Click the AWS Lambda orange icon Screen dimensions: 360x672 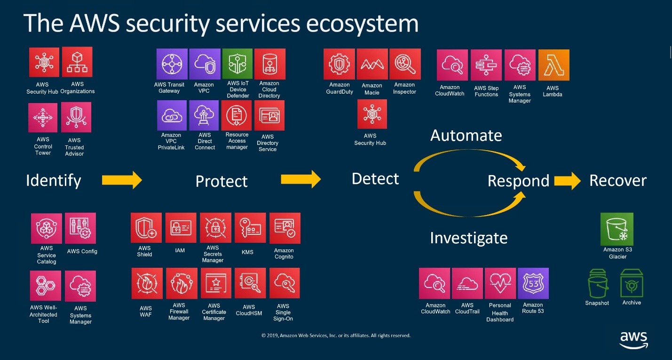(x=553, y=65)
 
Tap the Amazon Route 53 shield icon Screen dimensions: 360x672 (x=533, y=283)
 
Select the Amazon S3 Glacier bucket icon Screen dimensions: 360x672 (x=617, y=229)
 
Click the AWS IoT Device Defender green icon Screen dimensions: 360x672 (x=237, y=64)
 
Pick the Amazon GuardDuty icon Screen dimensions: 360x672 (x=339, y=64)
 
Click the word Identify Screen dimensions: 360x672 (x=53, y=180)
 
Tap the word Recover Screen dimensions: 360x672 (x=617, y=181)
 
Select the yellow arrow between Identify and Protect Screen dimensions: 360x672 (x=121, y=179)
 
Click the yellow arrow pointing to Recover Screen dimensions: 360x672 (x=567, y=181)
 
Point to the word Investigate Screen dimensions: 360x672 (x=468, y=238)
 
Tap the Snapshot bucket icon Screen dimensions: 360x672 (x=598, y=284)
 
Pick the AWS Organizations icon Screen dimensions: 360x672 (x=77, y=62)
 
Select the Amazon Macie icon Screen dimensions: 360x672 (x=372, y=64)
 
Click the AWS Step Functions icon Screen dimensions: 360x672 (x=486, y=65)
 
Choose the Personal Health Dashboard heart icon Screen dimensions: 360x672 (x=500, y=283)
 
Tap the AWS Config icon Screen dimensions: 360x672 (x=80, y=228)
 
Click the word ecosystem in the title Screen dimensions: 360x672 (x=362, y=23)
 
